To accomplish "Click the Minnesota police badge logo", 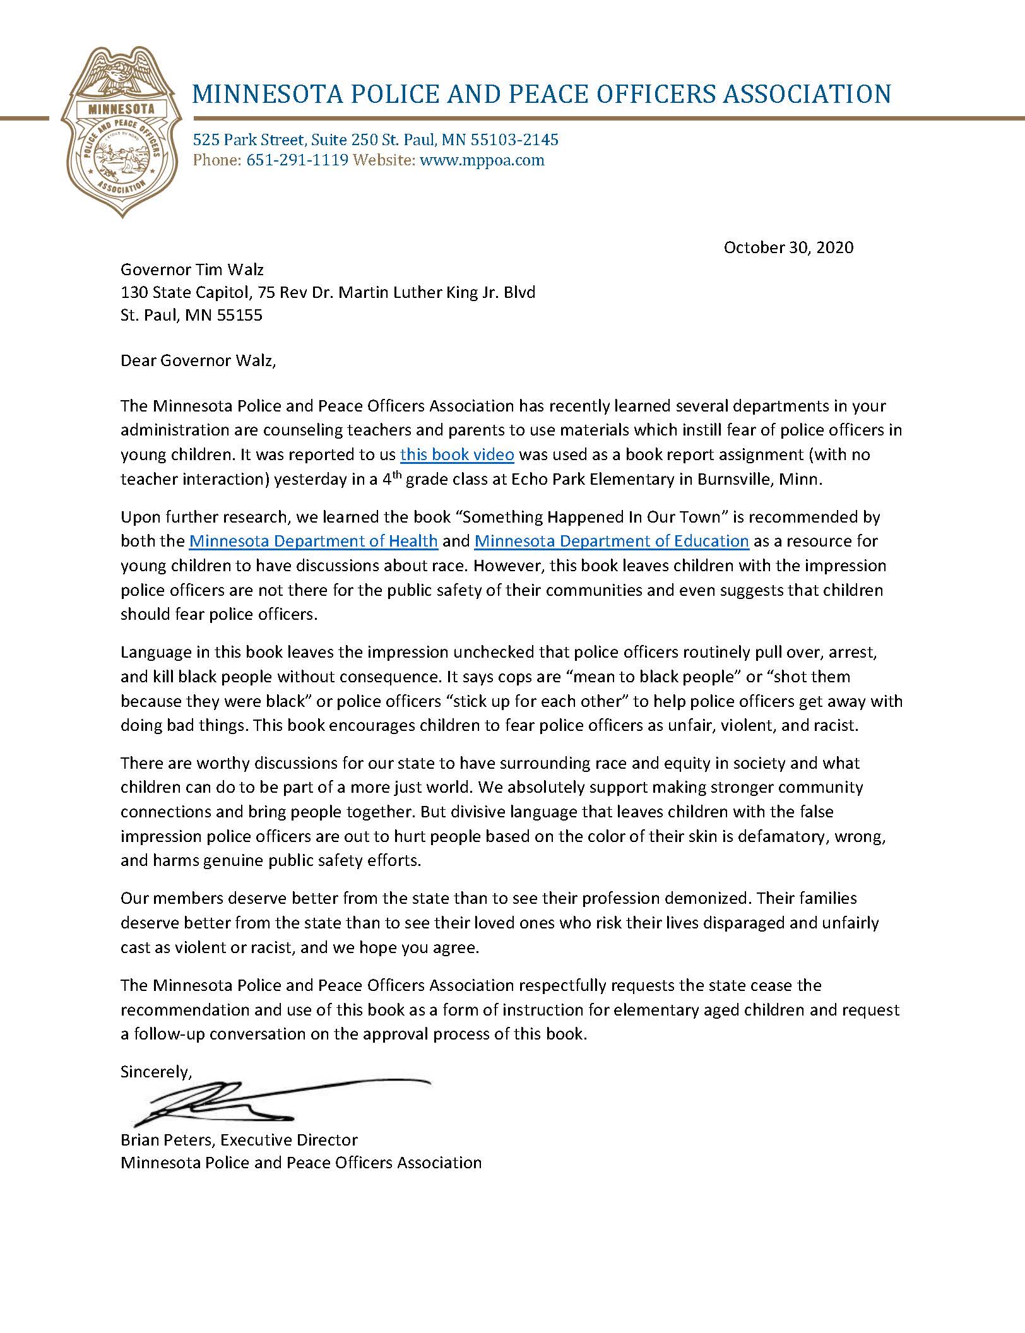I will click(121, 133).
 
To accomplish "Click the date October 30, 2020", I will click(788, 247).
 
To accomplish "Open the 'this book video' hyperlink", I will click(458, 454).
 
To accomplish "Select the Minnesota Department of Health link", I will click(314, 541).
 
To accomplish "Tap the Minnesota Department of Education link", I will click(612, 541).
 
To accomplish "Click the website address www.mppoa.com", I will click(482, 160).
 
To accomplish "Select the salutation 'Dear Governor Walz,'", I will click(198, 362).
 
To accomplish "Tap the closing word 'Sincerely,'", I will click(155, 1072).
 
